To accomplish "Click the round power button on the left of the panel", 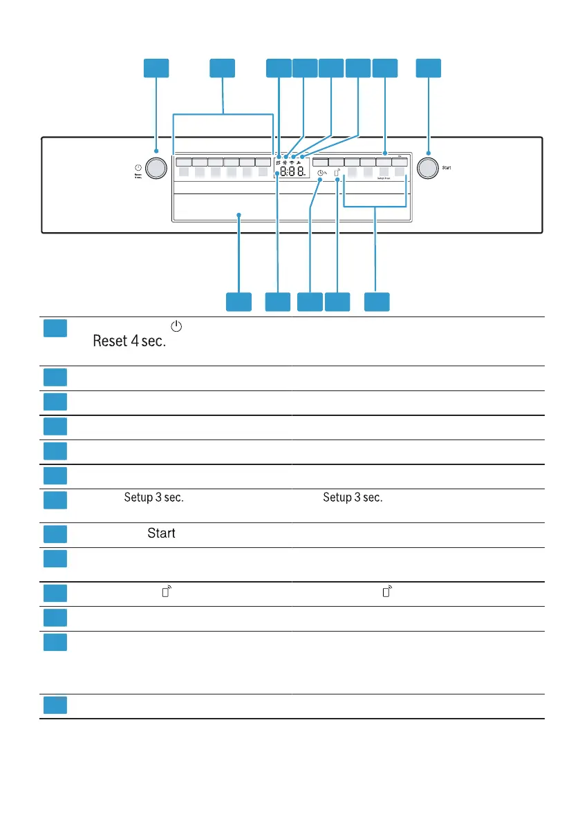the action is coord(157,169).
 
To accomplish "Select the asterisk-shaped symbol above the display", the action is coord(284,161).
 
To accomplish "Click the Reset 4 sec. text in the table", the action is coord(130,343).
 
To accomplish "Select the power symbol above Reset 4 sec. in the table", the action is coord(176,325).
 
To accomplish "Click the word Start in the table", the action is coord(160,533).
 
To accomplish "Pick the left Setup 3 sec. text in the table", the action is coord(153,498).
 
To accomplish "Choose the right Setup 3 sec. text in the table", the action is coord(353,498).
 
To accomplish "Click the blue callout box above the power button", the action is coord(156,68).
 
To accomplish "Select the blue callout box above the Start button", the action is coord(429,68).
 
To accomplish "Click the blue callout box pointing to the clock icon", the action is coord(310,302).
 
